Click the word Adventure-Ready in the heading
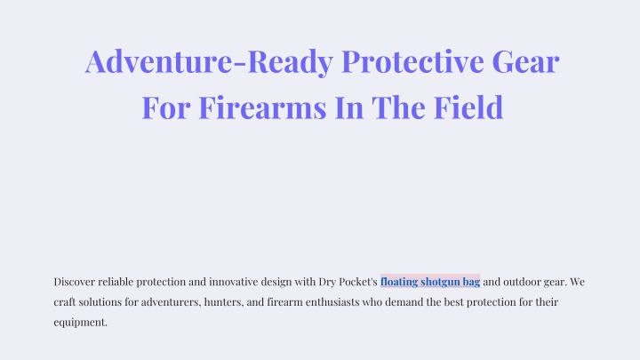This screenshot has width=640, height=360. (x=209, y=61)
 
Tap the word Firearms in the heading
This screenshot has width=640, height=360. (x=262, y=108)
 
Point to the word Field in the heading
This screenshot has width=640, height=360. (x=468, y=108)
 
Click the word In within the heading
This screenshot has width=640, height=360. (x=349, y=108)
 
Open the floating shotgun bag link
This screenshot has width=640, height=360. (x=430, y=282)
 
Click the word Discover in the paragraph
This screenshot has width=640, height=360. (x=75, y=282)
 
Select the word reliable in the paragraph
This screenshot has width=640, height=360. (x=116, y=282)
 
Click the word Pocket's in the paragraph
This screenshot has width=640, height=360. (x=358, y=282)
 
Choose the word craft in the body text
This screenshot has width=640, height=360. (x=65, y=302)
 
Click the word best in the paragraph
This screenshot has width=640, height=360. (x=454, y=302)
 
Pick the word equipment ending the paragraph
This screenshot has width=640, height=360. (x=80, y=323)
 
